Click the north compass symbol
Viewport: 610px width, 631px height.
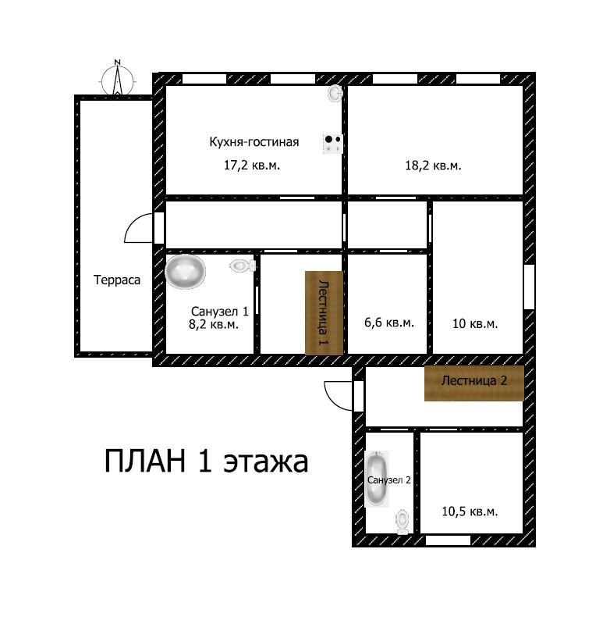click(x=117, y=79)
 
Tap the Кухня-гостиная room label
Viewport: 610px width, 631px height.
click(x=254, y=142)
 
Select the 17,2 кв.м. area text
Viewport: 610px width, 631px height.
click(x=251, y=165)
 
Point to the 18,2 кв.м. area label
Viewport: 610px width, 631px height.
click(x=433, y=166)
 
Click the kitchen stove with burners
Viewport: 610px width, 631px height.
click(x=332, y=144)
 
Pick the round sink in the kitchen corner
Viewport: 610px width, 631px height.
click(x=335, y=93)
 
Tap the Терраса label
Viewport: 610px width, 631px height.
click(x=117, y=280)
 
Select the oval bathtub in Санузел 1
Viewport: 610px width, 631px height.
click(x=185, y=272)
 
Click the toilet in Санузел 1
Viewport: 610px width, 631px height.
click(x=243, y=266)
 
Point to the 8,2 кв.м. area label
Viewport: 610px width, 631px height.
click(x=214, y=324)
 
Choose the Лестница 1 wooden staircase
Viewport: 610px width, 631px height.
click(x=324, y=313)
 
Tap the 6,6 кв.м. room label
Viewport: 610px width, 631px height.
click(x=389, y=323)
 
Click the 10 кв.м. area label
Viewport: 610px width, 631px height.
click(x=475, y=323)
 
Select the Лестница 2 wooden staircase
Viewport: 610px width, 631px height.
click(x=474, y=383)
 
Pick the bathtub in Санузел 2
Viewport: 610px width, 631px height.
click(x=377, y=479)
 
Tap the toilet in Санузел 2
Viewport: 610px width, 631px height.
click(x=403, y=521)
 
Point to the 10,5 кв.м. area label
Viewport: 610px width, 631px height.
click(x=470, y=512)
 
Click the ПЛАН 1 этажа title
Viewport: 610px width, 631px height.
click(x=206, y=462)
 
